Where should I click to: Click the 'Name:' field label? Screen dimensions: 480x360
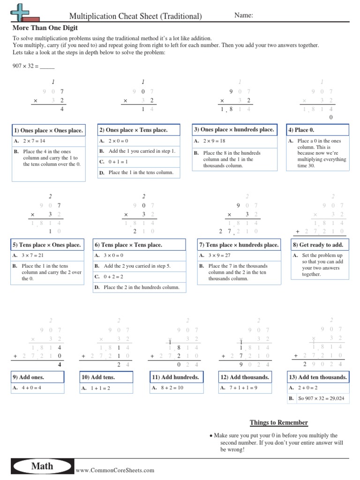pos(244,15)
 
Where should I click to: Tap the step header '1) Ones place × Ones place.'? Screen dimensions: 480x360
pos(48,130)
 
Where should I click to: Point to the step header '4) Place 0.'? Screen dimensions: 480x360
pos(301,130)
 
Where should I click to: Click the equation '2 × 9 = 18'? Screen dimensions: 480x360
pos(214,141)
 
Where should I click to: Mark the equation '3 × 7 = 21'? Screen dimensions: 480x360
pos(33,255)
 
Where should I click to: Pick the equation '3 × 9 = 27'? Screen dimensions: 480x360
pos(219,255)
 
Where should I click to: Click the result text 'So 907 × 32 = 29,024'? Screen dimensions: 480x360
pos(321,398)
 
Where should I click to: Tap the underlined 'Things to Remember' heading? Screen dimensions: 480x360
pos(279,423)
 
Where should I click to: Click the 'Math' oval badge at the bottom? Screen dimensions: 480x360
pos(42,466)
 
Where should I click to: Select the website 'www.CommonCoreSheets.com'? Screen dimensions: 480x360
pos(115,470)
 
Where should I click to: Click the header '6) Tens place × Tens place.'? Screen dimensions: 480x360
pos(128,245)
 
